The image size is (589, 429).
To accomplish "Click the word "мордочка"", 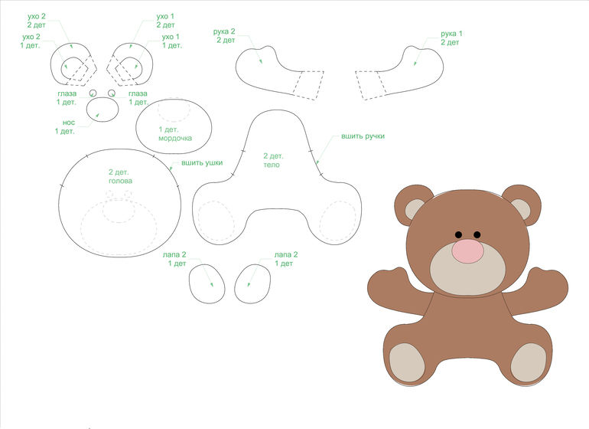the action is click(x=175, y=138).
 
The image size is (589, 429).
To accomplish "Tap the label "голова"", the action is click(x=121, y=181).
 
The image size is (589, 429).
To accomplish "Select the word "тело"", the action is click(x=272, y=165).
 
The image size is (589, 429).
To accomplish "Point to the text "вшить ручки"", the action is click(x=363, y=136).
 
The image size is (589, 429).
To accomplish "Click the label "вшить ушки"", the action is click(x=202, y=162).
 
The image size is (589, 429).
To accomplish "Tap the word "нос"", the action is click(x=69, y=123).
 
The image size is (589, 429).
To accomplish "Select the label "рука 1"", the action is click(x=451, y=34).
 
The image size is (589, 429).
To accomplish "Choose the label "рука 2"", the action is click(x=224, y=31).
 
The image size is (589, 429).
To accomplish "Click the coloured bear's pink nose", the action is click(x=467, y=251).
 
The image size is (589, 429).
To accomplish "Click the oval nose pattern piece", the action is click(x=103, y=109).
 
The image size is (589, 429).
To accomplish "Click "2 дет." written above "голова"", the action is click(x=119, y=172).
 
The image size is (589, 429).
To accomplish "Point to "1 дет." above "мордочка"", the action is click(x=168, y=129).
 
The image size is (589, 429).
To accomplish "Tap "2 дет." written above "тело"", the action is click(x=274, y=156).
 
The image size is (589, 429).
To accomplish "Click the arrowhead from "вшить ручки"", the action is click(x=317, y=162).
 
